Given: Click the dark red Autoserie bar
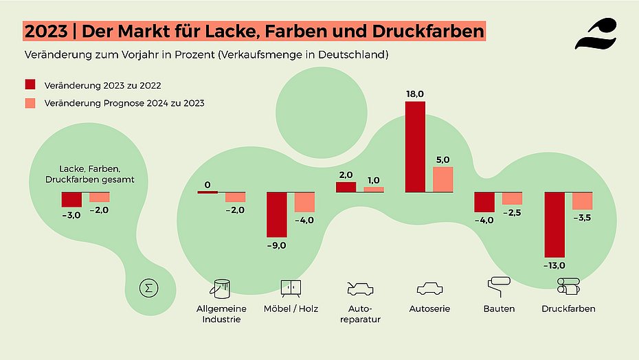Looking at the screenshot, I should pos(415,147).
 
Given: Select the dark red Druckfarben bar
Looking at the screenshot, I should pos(554,223).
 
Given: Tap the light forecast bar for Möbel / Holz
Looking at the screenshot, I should pos(304,202).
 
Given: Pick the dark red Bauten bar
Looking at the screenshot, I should pos(484,202).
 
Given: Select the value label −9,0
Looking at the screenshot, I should pos(277,243).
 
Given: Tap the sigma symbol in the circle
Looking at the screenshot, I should pos(146,288).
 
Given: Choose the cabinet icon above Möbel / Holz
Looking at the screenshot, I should pos(291,287).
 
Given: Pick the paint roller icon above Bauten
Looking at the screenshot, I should pos(499,286).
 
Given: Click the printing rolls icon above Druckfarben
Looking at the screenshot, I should pos(568,286).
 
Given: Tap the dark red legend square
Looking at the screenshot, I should pos(30,85).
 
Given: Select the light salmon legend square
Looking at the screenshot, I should pos(30,103).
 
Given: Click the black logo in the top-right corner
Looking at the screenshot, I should pos(595,34).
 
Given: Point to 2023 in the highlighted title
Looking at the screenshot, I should pos(45,32).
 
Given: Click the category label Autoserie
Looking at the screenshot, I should pos(429,309).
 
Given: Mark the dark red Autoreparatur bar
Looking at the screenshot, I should pos(346,187).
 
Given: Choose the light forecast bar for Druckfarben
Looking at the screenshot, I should pos(582,201).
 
